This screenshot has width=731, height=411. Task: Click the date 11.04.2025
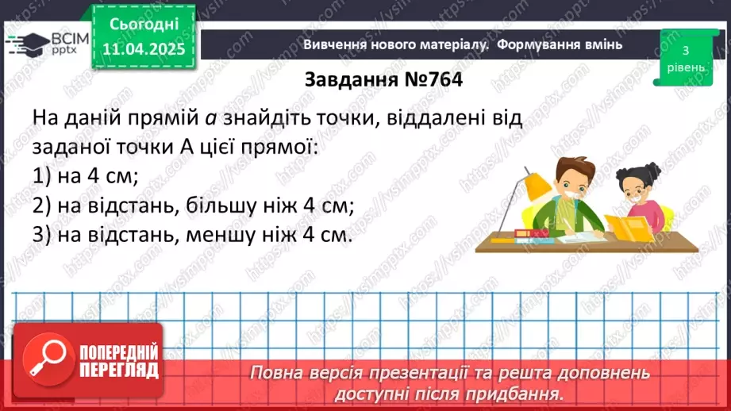[144, 49]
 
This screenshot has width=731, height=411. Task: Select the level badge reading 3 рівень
[685, 58]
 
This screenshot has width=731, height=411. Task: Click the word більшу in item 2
[227, 205]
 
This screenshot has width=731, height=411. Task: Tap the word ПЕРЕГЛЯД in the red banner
[119, 369]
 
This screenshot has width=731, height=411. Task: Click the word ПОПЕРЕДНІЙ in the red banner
[119, 351]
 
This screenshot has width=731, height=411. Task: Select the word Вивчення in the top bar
[334, 44]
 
